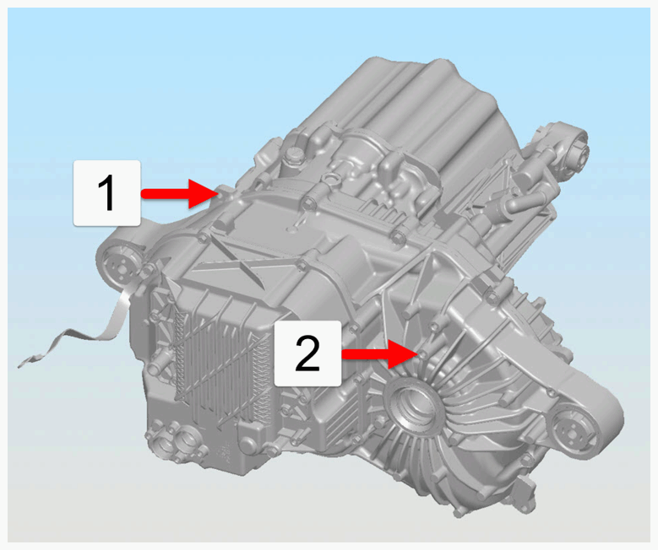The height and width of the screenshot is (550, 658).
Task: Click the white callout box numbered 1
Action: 106,193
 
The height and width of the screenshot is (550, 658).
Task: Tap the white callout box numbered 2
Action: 307,353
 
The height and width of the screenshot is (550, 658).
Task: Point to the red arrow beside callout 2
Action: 380,354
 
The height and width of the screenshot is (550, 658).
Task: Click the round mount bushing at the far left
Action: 119,267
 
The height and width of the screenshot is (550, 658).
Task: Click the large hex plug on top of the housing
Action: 293,156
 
